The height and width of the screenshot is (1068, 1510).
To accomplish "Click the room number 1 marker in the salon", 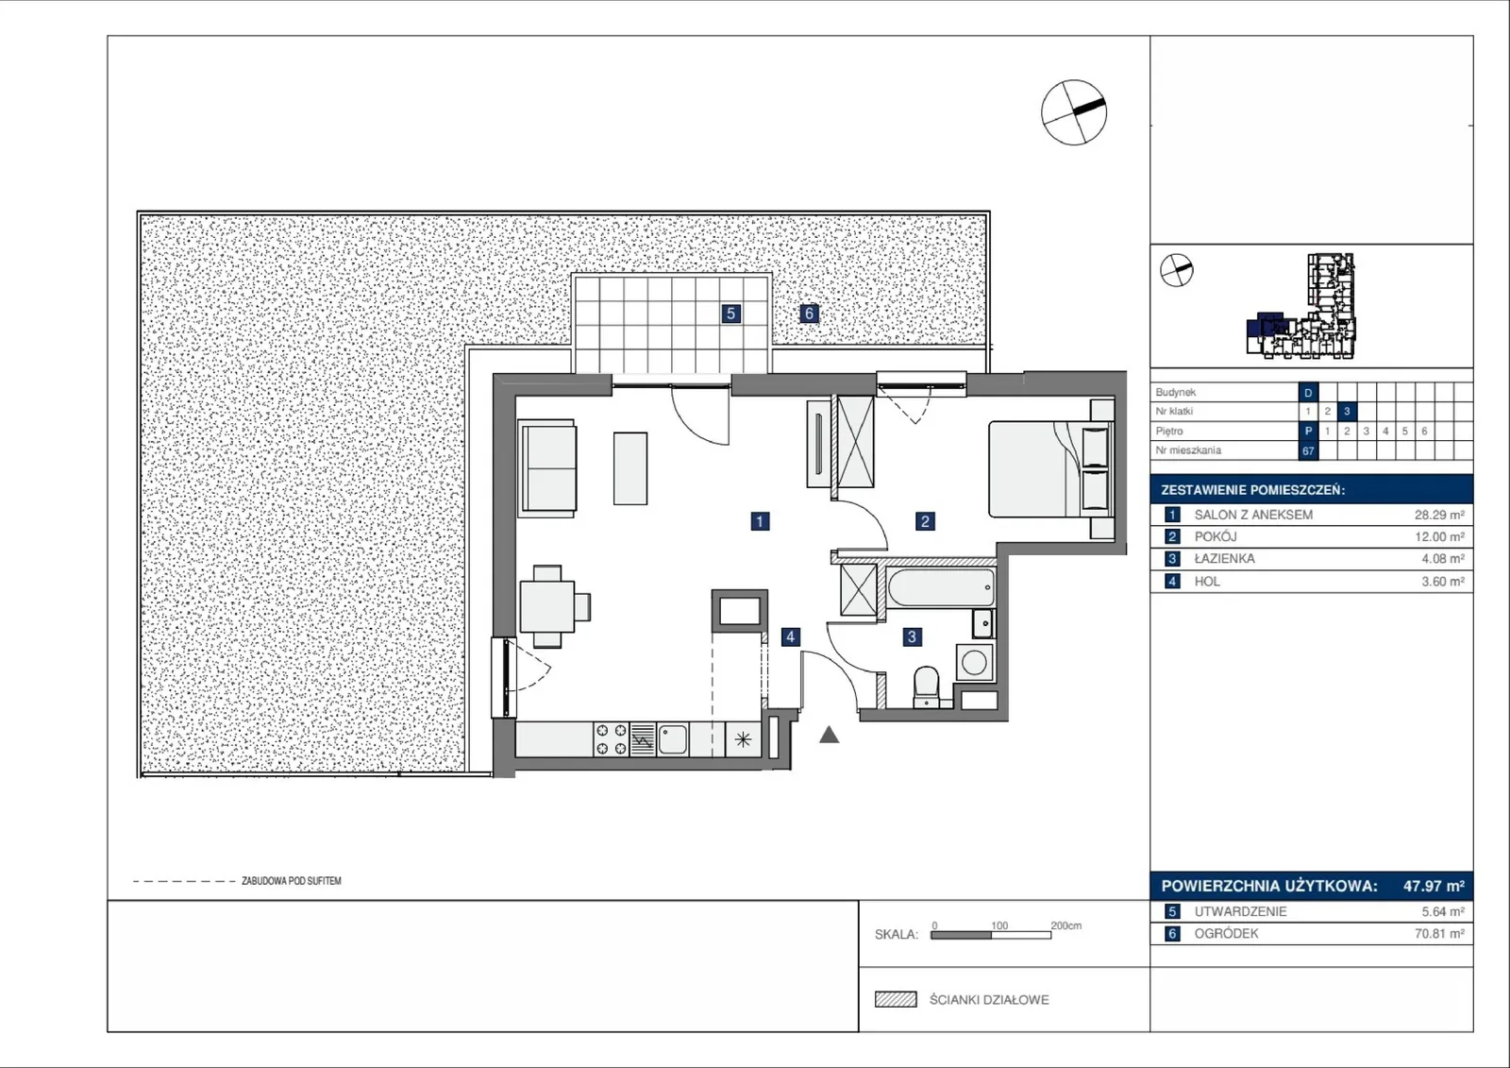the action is [x=760, y=521].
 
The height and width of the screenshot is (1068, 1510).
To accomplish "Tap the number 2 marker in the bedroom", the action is [x=925, y=521].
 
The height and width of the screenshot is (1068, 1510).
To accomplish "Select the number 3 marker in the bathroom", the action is [x=912, y=636].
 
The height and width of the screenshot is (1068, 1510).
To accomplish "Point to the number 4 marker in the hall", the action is [x=791, y=636].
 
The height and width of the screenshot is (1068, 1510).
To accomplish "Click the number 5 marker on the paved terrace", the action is [x=730, y=314].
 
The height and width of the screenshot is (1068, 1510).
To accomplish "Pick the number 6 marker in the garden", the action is [x=809, y=314].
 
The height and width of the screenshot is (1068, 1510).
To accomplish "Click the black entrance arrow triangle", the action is [x=830, y=735].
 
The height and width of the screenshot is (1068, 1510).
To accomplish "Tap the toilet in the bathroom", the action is [x=927, y=687].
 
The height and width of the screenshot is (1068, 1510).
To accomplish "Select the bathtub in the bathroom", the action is [x=941, y=587].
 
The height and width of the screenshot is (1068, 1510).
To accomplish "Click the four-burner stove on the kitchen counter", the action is [x=612, y=738].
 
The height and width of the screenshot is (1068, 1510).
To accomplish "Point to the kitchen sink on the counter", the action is [x=672, y=739].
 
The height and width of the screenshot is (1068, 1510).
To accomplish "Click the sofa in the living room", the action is [x=547, y=468].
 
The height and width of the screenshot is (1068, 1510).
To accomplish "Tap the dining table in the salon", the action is [x=547, y=606].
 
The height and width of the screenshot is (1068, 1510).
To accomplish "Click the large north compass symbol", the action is [x=1074, y=112].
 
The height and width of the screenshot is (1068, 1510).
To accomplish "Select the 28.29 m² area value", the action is [x=1439, y=515].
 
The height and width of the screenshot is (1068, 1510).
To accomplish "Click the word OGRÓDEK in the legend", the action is [x=1226, y=934].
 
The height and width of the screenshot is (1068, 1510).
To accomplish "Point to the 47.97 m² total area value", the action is [x=1434, y=886].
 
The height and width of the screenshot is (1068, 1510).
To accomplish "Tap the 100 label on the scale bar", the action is [x=999, y=925].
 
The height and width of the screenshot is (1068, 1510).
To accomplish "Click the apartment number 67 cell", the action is [x=1308, y=450].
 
